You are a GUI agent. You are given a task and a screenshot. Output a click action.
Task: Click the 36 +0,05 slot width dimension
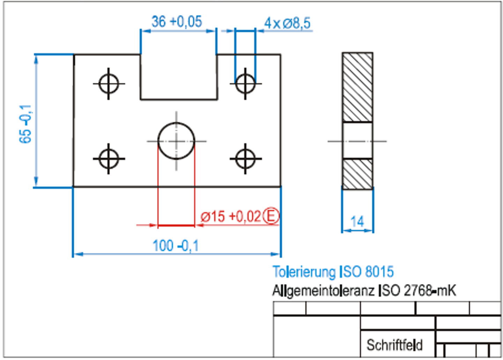pyautogui.click(x=177, y=22)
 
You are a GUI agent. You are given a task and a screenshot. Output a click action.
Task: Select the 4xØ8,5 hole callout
pyautogui.click(x=287, y=23)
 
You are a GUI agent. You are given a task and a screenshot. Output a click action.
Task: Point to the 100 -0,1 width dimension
pyautogui.click(x=176, y=246)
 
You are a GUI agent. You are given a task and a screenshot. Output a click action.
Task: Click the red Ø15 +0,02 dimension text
pyautogui.click(x=231, y=217)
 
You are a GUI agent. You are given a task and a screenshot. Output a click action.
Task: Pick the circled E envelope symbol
pyautogui.click(x=271, y=216)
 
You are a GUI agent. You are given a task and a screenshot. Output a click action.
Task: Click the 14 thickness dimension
pyautogui.click(x=357, y=222)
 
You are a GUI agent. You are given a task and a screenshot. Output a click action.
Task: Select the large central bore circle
pyautogui.click(x=176, y=141)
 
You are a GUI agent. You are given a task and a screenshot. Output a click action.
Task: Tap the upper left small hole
pyautogui.click(x=109, y=84)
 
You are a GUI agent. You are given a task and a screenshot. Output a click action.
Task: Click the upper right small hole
pyautogui.click(x=245, y=84)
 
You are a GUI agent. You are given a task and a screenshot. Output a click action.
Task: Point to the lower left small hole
pyautogui.click(x=109, y=159)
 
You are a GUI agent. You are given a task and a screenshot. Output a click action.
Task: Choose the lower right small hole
pyautogui.click(x=245, y=159)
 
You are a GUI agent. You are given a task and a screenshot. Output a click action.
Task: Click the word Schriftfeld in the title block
pyautogui.click(x=394, y=345)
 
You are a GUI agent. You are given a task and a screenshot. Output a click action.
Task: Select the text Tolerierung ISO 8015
pyautogui.click(x=333, y=272)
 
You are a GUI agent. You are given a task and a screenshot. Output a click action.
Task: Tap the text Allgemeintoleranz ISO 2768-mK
pyautogui.click(x=364, y=290)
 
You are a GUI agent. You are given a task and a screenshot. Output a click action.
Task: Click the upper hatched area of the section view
pyautogui.click(x=357, y=87)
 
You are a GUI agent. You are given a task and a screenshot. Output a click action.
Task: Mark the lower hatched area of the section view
pyautogui.click(x=357, y=174)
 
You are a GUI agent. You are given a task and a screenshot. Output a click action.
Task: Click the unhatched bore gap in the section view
pyautogui.click(x=357, y=141)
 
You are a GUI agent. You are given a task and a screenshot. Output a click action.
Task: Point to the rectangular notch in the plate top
pyautogui.click(x=178, y=77)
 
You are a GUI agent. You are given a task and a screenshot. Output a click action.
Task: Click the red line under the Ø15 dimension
pyautogui.click(x=176, y=226)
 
